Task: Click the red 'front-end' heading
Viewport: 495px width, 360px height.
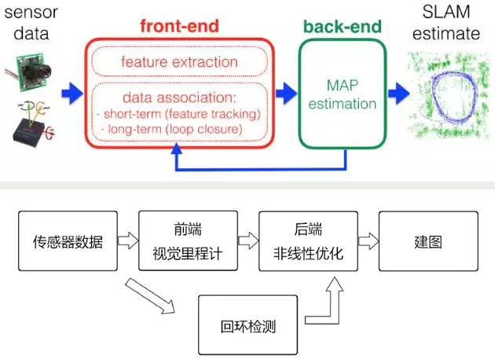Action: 179,26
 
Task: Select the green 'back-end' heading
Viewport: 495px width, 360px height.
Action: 343,27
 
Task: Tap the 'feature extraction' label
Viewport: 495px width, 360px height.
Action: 179,62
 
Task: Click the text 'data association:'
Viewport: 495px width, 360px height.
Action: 179,97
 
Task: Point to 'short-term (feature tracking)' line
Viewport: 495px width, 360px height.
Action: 179,114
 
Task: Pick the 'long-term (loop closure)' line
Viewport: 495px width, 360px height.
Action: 172,129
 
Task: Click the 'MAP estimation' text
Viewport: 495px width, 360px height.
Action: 343,94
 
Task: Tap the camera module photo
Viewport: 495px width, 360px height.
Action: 29,72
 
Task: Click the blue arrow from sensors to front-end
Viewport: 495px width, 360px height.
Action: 72,94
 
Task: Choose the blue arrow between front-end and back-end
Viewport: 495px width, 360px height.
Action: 286,94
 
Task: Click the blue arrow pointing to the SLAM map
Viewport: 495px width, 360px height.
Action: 398,94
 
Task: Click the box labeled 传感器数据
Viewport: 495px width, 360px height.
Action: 68,241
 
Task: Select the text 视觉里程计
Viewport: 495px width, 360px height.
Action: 188,254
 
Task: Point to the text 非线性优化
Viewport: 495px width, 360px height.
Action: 308,254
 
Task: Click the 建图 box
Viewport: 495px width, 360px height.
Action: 428,241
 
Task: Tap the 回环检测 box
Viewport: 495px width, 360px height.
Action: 247,325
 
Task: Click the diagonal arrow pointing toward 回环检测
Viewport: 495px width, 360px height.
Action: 150,296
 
